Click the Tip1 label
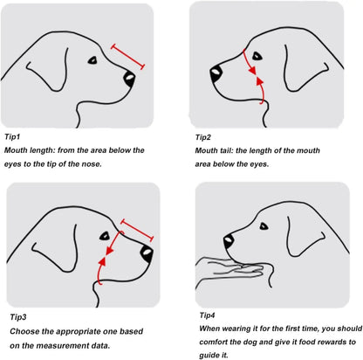[12, 136]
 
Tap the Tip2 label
[203, 137]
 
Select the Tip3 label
[18, 317]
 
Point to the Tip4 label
[208, 315]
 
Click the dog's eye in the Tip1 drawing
[92, 60]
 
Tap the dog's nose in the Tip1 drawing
[129, 79]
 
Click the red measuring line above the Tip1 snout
[127, 57]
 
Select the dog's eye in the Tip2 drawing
[257, 56]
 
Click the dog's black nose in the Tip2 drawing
[216, 74]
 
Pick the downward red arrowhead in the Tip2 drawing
[252, 71]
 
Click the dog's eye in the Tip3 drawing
[105, 236]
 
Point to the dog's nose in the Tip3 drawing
[147, 253]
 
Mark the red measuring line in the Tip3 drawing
[137, 231]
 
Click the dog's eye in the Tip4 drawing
[264, 226]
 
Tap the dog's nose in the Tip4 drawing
[229, 241]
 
